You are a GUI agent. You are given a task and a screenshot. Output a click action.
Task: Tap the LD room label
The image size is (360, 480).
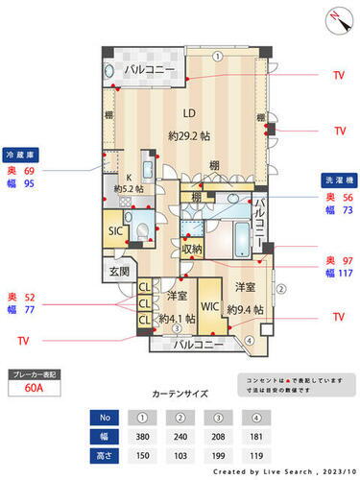pyautogui.click(x=178, y=108)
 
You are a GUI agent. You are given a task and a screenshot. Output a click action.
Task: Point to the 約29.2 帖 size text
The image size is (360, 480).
pyautogui.click(x=188, y=135)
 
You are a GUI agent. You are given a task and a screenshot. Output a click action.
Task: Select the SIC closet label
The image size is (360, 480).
pyautogui.click(x=115, y=230)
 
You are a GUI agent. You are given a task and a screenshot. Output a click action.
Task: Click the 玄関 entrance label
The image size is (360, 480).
pyautogui.click(x=119, y=272)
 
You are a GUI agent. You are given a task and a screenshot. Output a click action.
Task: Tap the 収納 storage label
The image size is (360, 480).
pyautogui.click(x=191, y=250)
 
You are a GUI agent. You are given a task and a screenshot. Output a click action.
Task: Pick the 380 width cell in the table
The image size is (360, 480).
pyautogui.click(x=142, y=435)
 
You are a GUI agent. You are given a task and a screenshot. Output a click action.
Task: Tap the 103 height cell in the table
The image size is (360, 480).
pyautogui.click(x=178, y=453)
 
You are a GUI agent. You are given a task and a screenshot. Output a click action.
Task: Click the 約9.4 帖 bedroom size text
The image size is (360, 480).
pyautogui.click(x=247, y=309)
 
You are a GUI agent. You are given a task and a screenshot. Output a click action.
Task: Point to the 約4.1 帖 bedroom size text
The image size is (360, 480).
pyautogui.click(x=177, y=319)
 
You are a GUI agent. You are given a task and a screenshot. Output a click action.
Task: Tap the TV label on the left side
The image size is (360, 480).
pyautogui.click(x=24, y=340)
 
